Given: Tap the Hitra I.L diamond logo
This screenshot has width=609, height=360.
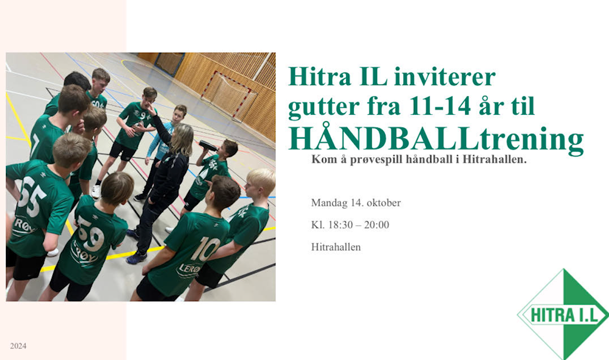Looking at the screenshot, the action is [563, 314].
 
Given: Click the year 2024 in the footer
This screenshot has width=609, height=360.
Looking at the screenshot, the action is [18, 346].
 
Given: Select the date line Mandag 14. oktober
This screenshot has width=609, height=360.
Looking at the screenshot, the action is [356, 203].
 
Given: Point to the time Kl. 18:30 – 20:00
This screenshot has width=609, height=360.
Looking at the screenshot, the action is [350, 225].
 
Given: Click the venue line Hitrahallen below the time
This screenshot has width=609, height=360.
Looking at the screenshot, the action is [336, 247].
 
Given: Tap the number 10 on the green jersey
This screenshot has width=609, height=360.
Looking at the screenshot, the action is [205, 249].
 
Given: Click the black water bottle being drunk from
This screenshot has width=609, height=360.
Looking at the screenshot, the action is [208, 146].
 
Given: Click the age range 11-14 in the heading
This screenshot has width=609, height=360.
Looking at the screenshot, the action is [440, 106].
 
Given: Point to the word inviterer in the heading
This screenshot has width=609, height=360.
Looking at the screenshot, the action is [445, 76].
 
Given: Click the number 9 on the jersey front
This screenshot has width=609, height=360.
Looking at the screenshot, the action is [143, 115].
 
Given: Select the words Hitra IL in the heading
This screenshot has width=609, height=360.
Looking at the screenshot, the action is [338, 76].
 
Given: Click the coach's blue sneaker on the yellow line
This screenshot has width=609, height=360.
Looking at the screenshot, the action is [136, 258].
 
